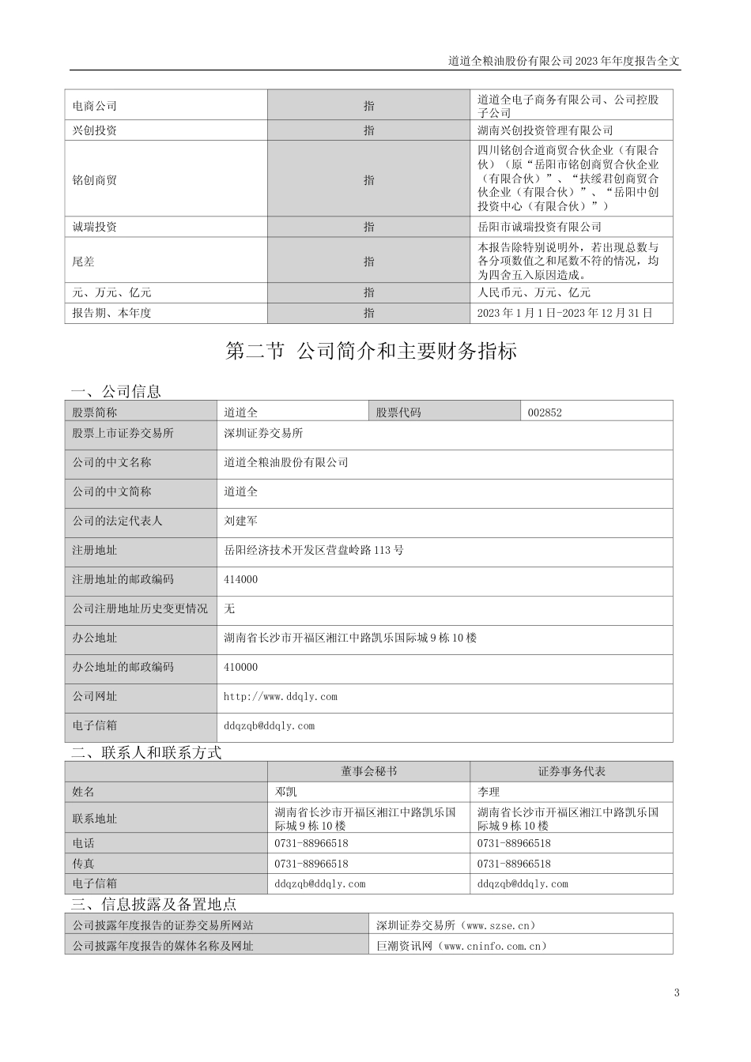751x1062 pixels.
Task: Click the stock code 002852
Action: (546, 412)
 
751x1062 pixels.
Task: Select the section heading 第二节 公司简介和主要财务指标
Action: (372, 352)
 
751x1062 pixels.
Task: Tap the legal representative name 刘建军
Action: (241, 521)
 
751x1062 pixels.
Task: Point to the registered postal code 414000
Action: (241, 579)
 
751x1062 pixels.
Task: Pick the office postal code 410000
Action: (241, 667)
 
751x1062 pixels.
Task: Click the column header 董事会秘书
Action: (369, 771)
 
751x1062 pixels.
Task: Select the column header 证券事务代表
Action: (572, 771)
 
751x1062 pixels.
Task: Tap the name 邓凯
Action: (285, 792)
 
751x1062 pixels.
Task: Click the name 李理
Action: (489, 792)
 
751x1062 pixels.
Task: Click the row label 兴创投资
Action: (95, 130)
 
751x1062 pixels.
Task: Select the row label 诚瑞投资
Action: (95, 227)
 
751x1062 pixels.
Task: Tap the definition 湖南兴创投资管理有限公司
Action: (545, 130)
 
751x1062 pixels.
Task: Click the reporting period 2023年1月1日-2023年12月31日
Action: (565, 313)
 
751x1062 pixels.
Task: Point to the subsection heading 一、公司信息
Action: (115, 391)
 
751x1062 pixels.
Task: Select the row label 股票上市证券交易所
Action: (123, 433)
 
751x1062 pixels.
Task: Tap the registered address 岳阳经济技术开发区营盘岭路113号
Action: (314, 550)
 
